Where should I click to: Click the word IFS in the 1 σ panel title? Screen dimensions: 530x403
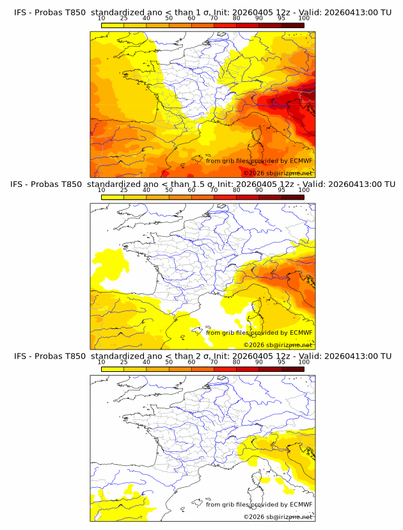coord(22,12)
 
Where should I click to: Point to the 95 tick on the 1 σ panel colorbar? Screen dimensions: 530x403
coord(281,18)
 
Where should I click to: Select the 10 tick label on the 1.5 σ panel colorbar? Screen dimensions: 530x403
coord(101,190)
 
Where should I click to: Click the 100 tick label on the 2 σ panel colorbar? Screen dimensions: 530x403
coord(304,362)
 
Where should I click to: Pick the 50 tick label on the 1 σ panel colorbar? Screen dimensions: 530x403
coord(169,18)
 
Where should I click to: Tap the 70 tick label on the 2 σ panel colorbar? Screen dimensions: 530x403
coord(214,362)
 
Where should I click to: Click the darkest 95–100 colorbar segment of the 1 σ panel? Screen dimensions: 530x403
coord(293,25)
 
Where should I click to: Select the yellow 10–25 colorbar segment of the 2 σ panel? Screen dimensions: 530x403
coord(113,369)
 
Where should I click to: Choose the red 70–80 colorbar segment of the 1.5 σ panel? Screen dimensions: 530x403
coord(225,197)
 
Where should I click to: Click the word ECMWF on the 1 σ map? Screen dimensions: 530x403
coord(301,161)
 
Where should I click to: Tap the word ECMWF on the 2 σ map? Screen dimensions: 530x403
coord(301,504)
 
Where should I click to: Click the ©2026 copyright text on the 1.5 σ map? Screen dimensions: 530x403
coord(253,345)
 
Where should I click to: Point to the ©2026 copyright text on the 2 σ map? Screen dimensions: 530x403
coord(253,517)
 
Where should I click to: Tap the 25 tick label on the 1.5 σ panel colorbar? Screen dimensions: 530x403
coord(123,190)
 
